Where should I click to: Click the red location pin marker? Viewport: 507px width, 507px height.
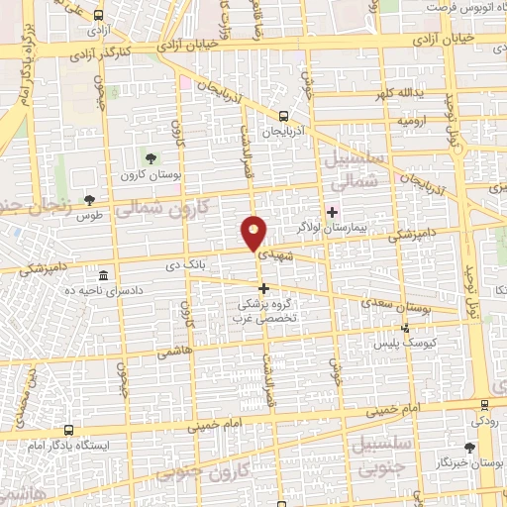click(x=253, y=234)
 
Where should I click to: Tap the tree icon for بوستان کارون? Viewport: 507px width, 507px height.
click(x=151, y=157)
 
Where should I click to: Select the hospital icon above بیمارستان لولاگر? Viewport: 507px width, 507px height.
click(x=334, y=211)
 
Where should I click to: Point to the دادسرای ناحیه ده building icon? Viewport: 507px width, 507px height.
click(x=104, y=273)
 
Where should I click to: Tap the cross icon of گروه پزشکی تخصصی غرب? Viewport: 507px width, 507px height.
click(x=263, y=288)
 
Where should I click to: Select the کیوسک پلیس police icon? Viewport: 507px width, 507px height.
click(x=403, y=327)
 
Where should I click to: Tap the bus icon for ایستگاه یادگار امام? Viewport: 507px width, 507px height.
click(x=68, y=431)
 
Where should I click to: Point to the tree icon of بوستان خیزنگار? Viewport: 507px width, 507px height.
click(x=469, y=448)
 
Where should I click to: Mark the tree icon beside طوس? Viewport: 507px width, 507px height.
click(x=90, y=199)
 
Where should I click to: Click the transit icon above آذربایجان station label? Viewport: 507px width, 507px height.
click(x=283, y=116)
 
